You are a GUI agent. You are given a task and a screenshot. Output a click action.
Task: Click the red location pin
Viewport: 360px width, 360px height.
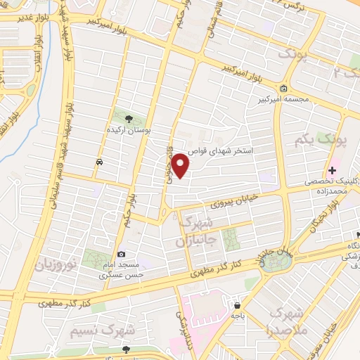point(181,165)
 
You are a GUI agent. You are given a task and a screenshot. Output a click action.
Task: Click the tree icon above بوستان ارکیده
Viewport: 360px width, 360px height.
point(128,117)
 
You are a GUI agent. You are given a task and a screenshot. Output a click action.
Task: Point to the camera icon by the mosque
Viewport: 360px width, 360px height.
point(122,253)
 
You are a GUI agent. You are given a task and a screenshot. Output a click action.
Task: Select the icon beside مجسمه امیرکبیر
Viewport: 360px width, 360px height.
point(283,89)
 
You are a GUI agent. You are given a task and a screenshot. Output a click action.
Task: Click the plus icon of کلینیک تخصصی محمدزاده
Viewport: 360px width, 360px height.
point(333,169)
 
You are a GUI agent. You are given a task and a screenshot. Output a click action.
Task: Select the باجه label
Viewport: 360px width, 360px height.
point(238,316)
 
